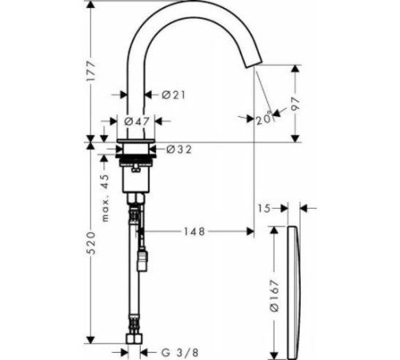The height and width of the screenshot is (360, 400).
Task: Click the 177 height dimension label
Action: point(91,71)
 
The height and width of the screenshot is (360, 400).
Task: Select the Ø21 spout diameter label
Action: point(174,94)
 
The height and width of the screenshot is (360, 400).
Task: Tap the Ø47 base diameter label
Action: point(137,122)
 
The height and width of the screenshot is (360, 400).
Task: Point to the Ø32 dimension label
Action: point(179,150)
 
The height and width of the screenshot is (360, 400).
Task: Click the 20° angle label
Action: point(264,119)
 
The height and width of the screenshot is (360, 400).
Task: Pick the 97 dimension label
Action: point(295,104)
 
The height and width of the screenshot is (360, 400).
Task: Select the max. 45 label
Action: point(106,198)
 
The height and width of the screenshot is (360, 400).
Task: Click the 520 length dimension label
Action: point(91,243)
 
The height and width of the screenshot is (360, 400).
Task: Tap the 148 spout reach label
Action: point(194,231)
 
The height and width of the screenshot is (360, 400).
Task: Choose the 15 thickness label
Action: point(264,208)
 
